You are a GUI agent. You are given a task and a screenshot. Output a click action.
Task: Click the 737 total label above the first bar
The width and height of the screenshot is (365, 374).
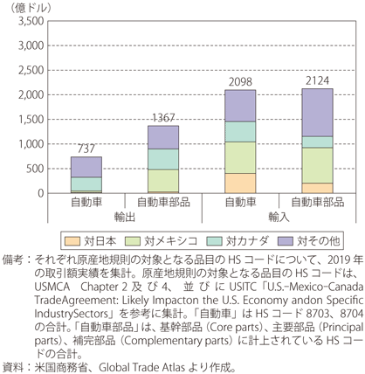[x=86, y=149]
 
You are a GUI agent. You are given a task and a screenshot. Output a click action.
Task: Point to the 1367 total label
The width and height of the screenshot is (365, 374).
[x=163, y=118]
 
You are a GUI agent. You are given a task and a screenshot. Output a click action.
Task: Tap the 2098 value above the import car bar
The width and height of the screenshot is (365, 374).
[x=240, y=82]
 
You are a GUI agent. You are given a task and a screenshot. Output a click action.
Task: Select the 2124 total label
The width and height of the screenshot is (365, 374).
[x=317, y=80]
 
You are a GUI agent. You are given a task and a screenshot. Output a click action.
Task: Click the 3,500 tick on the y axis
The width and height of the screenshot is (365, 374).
[x=31, y=21]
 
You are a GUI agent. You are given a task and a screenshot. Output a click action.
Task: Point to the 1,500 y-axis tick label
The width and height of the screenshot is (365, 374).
[x=31, y=120]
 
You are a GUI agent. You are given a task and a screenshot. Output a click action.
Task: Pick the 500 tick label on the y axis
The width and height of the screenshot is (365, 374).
[x=35, y=169]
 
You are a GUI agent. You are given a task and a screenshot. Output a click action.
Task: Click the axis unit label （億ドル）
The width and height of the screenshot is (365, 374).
[x=31, y=8]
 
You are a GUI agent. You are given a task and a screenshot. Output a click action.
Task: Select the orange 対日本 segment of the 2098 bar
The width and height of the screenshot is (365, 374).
[x=240, y=184]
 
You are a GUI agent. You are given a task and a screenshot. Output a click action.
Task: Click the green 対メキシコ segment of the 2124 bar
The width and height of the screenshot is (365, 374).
[x=317, y=165]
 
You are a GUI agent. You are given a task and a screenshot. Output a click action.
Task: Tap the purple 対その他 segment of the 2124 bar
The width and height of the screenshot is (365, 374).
[x=317, y=113]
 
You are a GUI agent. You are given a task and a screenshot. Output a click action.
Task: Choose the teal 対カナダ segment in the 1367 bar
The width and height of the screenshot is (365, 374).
[x=163, y=159]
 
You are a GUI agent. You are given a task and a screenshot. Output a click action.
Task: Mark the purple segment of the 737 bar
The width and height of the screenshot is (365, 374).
[x=86, y=167]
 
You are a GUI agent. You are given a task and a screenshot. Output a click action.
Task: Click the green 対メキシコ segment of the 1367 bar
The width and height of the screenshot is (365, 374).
[x=163, y=181]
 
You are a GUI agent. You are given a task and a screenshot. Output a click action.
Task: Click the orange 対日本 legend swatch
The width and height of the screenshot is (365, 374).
[x=72, y=241]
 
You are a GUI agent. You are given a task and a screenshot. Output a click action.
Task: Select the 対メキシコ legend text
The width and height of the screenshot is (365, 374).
[x=171, y=241]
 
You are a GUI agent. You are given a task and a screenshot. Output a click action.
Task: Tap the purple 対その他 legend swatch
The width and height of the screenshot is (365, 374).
[x=286, y=241]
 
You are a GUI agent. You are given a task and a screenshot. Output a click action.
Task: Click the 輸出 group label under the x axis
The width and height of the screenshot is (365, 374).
[x=125, y=217]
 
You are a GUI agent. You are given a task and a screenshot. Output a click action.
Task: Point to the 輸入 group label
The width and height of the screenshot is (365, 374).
[x=279, y=217]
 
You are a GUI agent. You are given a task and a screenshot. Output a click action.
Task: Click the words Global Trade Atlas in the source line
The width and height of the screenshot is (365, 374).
[x=142, y=367]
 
